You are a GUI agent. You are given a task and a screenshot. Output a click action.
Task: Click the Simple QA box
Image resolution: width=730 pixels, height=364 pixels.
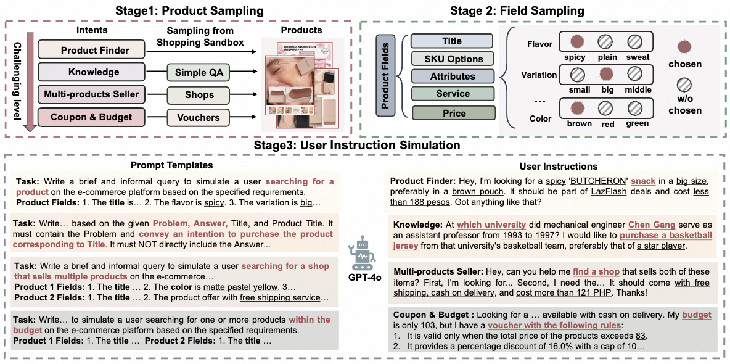pyautogui.click(x=199, y=72)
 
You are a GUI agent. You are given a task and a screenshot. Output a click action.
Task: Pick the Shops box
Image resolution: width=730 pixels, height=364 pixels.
pyautogui.click(x=199, y=95)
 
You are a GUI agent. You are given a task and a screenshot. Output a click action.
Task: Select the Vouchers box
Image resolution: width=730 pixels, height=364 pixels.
pyautogui.click(x=199, y=117)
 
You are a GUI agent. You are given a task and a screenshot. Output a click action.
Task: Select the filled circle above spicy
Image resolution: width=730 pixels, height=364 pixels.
pyautogui.click(x=577, y=43)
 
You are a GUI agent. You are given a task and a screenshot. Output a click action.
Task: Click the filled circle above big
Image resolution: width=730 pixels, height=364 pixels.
pyautogui.click(x=606, y=75)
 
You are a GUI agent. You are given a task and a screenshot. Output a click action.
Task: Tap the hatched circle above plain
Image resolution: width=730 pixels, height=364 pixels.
pyautogui.click(x=606, y=43)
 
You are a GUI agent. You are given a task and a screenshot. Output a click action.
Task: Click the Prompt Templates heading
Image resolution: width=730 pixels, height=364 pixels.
pyautogui.click(x=171, y=165)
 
